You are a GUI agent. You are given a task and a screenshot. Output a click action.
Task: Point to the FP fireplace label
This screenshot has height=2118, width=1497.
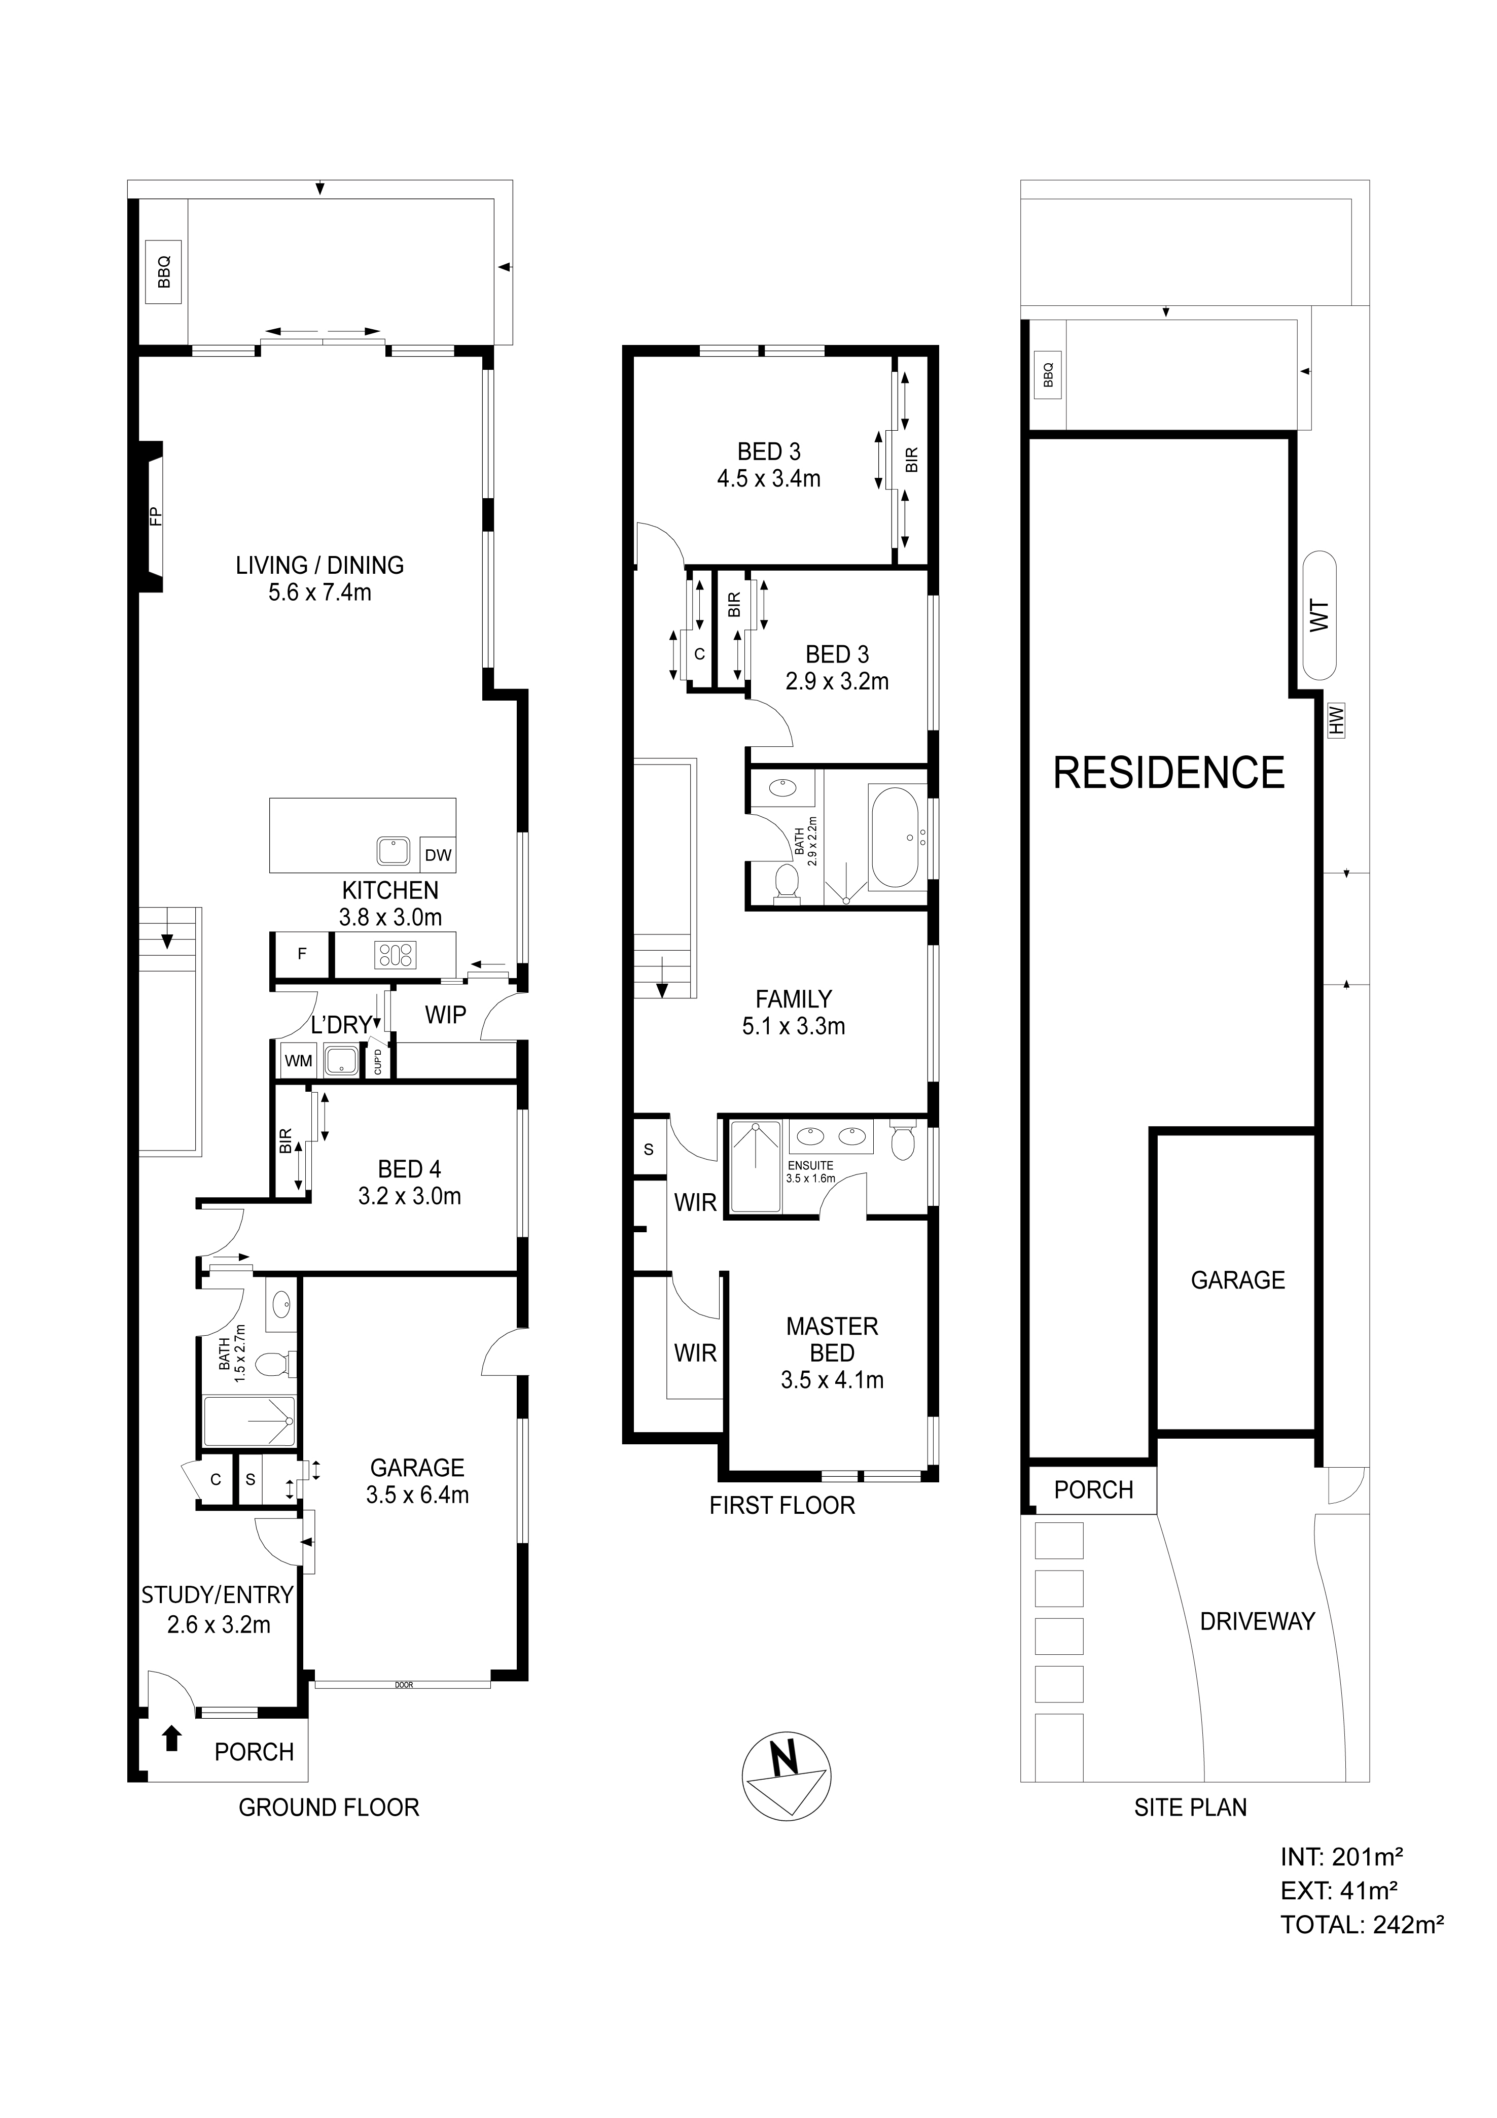(x=155, y=516)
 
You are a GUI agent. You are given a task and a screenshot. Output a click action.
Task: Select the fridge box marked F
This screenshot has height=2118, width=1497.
(x=302, y=955)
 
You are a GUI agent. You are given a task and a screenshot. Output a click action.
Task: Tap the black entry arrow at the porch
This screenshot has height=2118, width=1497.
(x=171, y=1740)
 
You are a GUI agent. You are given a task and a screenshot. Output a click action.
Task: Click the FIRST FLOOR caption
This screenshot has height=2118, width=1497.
(x=782, y=1506)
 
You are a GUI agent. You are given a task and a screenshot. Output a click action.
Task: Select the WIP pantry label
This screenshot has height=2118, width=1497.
(x=446, y=1015)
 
